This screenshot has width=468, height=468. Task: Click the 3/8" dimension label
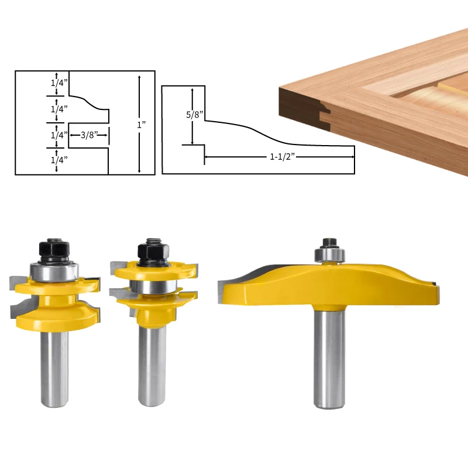(89, 135)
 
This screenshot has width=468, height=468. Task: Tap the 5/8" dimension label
(193, 115)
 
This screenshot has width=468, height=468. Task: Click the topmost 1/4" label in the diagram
(58, 83)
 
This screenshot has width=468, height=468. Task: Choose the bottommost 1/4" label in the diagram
(58, 159)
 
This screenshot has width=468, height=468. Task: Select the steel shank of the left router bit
(54, 369)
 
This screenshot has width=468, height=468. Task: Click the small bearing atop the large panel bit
(329, 255)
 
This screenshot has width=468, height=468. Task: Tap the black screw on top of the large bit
(328, 242)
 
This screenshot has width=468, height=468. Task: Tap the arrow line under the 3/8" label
(89, 135)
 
